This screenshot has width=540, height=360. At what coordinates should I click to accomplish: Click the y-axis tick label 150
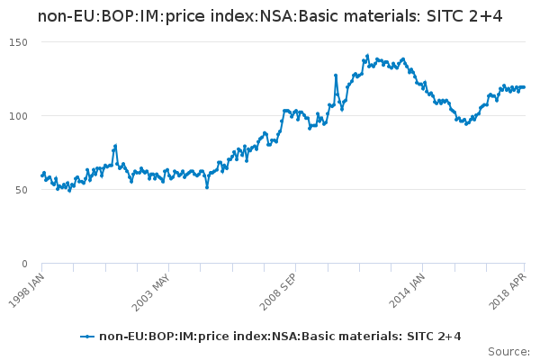(x=19, y=42)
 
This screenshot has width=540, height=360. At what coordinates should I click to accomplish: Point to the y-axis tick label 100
(x=19, y=116)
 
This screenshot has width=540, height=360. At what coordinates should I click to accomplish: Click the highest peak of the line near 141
(x=367, y=56)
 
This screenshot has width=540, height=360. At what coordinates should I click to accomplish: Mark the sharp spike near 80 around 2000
(x=115, y=146)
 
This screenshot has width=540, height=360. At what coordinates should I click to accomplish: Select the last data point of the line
(x=524, y=87)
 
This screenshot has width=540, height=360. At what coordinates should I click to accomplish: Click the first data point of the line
(x=42, y=175)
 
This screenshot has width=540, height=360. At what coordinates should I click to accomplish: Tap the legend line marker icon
(x=87, y=337)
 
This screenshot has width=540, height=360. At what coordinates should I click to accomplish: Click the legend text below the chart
(x=280, y=337)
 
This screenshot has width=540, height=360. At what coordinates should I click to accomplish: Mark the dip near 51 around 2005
(x=207, y=187)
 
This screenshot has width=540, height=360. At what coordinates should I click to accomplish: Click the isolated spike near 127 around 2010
(x=336, y=76)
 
